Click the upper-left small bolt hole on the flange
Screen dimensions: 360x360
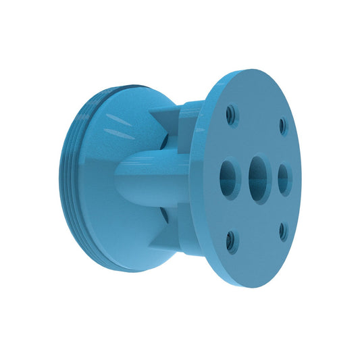pyautogui.click(x=232, y=115)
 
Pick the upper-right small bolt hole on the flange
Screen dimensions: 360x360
pyautogui.click(x=283, y=126)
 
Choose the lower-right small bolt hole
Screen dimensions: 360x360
pyautogui.click(x=283, y=232)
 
